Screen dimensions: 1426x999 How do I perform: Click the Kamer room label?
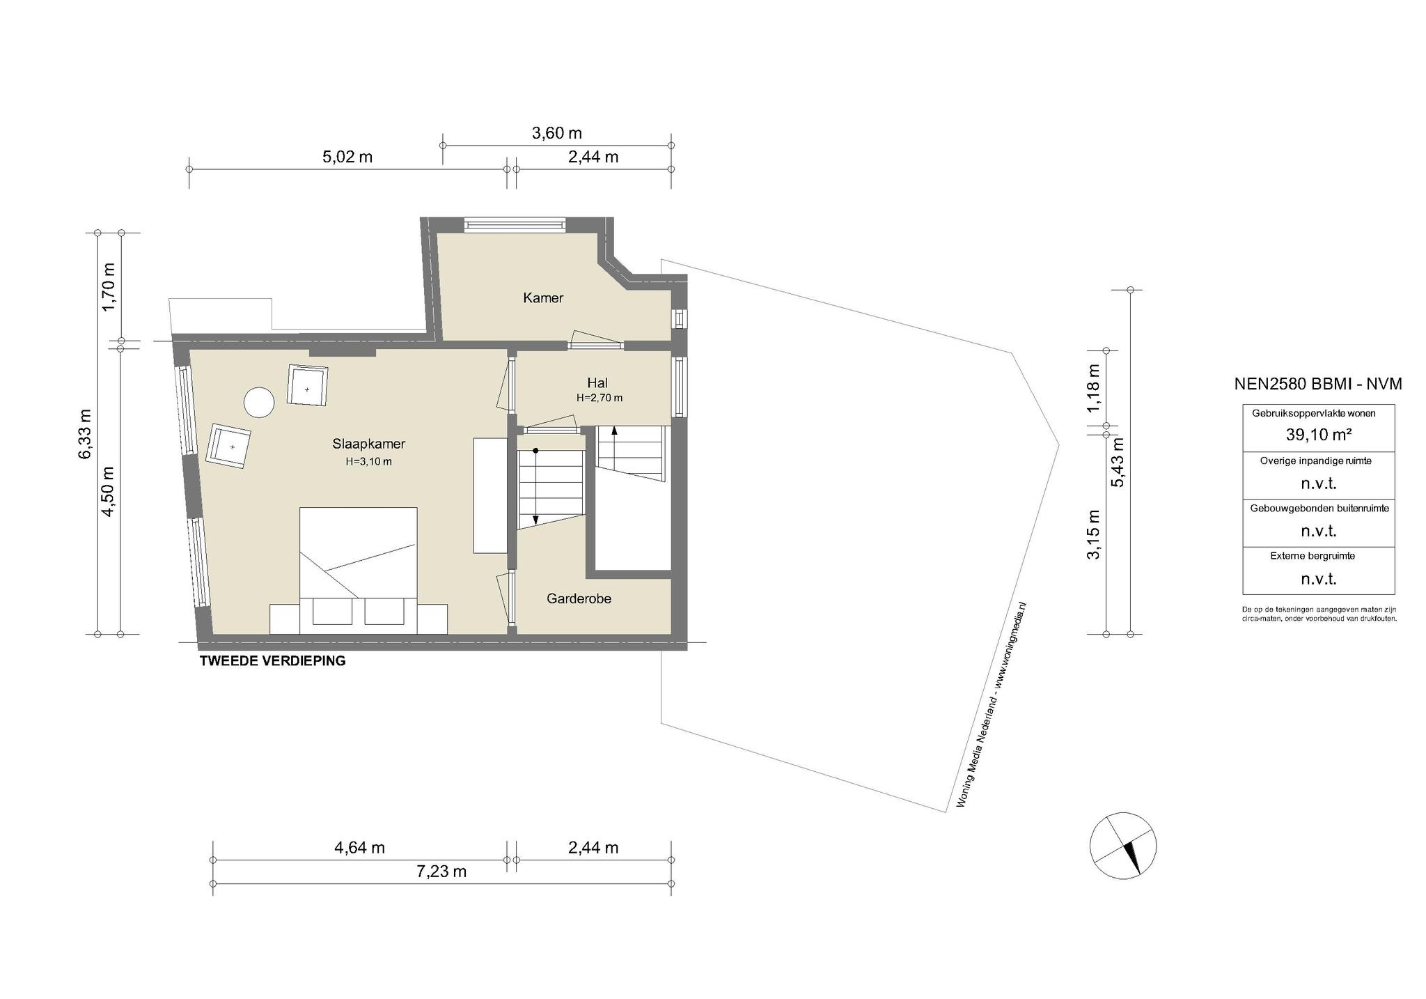(543, 298)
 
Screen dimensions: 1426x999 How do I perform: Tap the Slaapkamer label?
(368, 444)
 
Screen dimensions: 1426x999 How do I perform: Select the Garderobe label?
(579, 598)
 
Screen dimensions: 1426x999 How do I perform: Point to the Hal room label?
(597, 382)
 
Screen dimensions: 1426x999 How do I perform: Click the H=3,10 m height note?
(368, 461)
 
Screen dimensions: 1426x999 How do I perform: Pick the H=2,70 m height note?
(599, 398)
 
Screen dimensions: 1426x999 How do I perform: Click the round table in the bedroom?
(259, 403)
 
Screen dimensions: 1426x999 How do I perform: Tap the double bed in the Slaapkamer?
(358, 571)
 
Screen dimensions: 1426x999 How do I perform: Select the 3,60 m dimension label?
(557, 133)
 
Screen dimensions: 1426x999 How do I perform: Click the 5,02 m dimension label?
(347, 157)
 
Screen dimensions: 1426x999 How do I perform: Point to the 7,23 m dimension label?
(441, 872)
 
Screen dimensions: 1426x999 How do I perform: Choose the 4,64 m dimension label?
(359, 848)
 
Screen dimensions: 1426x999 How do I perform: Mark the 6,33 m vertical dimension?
(84, 433)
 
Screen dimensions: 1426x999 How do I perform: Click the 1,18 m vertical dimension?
(1094, 388)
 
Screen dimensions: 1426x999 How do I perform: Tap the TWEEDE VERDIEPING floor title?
(272, 661)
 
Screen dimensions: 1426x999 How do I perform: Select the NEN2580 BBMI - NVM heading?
(1318, 384)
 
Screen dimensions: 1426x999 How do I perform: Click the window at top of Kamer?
(515, 225)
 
